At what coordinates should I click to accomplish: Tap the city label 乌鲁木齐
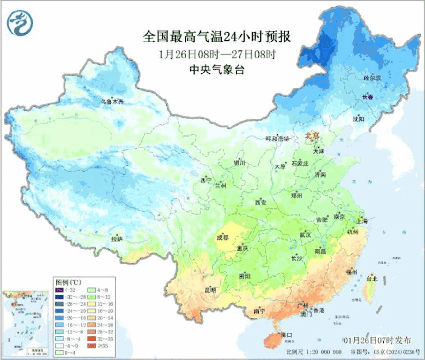pos(112,102)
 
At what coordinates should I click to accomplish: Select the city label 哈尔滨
pos(372,78)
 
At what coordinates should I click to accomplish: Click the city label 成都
pos(222,238)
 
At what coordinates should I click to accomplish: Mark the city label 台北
pos(372,279)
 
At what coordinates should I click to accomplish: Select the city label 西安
pos(260,203)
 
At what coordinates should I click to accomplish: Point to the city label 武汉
pos(305,235)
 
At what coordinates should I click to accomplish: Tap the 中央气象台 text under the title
pos(217,70)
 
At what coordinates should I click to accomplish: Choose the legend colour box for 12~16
pos(91,304)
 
